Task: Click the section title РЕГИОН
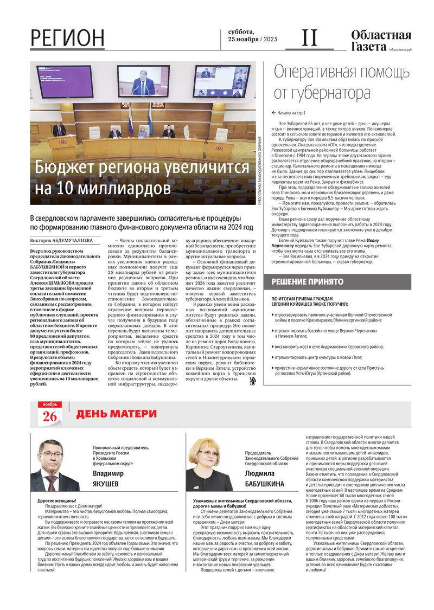[67, 38]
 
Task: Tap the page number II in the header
[309, 37]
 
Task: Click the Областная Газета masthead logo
[380, 41]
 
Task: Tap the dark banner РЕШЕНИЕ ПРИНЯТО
[308, 282]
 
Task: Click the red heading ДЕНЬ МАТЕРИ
[116, 414]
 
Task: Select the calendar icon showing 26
[49, 414]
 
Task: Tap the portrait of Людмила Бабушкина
[208, 465]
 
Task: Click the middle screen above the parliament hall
[143, 81]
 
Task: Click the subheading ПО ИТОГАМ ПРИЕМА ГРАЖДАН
[305, 299]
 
